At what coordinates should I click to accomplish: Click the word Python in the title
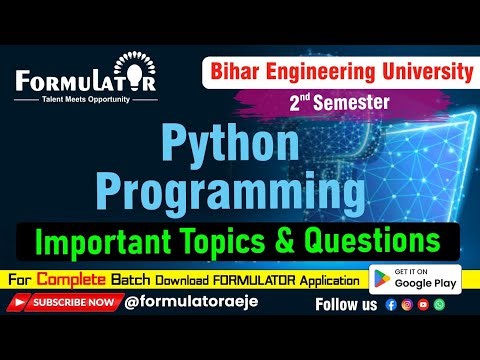point(238,147)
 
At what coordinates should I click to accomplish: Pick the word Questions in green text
point(376,241)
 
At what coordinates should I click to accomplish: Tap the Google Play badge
point(414,277)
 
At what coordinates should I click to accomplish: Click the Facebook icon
point(390,304)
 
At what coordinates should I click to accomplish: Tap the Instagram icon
point(406,304)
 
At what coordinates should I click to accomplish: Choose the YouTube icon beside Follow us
point(423,304)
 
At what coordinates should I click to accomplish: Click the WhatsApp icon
point(439,304)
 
